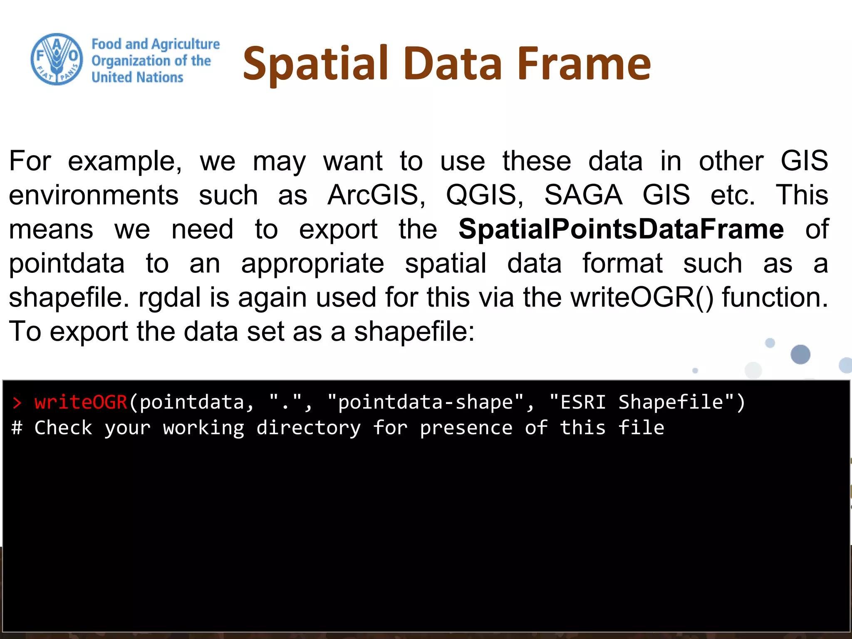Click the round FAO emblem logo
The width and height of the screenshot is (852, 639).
tap(57, 59)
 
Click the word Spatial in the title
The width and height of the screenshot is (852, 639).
tap(315, 63)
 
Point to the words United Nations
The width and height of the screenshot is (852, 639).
tap(137, 77)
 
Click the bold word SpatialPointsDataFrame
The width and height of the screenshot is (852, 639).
tap(621, 229)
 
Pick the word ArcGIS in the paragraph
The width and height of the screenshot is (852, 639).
tap(376, 195)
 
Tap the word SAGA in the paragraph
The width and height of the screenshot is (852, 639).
tap(583, 195)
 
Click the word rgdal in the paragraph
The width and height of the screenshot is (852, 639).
tap(170, 297)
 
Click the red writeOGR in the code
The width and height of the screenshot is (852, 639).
tap(81, 402)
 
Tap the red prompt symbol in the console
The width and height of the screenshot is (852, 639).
tap(17, 403)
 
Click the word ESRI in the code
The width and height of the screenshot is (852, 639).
tap(583, 402)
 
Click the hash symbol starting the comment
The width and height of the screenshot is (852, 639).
tap(17, 428)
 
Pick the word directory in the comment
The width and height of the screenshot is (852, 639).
tap(308, 428)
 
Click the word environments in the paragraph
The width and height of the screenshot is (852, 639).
tap(94, 195)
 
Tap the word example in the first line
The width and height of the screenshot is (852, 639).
tap(124, 161)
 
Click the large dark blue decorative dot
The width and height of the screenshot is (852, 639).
tap(800, 354)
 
